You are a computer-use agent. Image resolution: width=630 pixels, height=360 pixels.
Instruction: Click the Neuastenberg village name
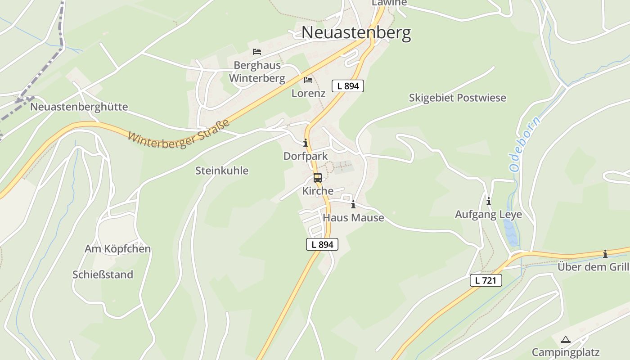point(356,33)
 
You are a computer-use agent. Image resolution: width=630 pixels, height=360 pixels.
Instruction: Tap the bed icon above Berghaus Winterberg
point(257,52)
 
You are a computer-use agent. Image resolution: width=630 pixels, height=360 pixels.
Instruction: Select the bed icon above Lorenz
point(308,80)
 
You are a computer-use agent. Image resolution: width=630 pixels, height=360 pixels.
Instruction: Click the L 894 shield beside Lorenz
point(347,86)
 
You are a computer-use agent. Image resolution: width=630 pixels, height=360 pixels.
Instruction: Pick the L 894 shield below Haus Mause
point(322,244)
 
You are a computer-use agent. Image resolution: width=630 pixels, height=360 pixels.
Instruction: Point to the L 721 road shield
point(486,280)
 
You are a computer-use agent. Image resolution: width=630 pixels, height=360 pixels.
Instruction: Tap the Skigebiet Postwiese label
point(457,98)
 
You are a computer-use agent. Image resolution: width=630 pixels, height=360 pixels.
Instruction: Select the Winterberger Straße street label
point(179,134)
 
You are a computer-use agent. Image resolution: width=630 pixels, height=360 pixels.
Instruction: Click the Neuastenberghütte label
point(79,107)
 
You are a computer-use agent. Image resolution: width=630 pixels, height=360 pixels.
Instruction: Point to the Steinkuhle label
point(221,171)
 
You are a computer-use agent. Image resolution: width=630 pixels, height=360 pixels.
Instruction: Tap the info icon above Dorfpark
point(306,143)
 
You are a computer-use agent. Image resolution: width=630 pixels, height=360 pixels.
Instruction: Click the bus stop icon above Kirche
point(318,178)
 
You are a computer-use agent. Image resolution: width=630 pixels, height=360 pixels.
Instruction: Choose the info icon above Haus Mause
point(353,205)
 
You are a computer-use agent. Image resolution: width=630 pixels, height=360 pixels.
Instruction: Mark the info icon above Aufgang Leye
point(488,201)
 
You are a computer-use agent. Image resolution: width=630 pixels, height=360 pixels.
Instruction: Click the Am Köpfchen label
point(117,249)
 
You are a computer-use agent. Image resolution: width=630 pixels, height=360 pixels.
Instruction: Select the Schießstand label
point(103,274)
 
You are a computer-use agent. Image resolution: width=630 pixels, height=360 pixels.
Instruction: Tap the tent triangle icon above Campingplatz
point(566,339)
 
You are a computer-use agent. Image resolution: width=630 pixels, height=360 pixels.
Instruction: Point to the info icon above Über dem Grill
point(605,254)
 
